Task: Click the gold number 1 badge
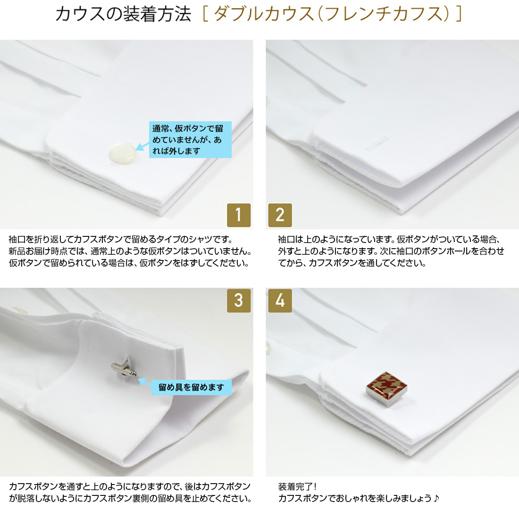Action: [x=239, y=215]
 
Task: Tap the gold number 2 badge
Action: [x=280, y=215]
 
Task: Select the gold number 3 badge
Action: [x=239, y=301]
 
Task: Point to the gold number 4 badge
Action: [x=280, y=301]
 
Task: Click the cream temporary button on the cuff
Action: [x=123, y=154]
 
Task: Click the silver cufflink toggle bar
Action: [x=124, y=369]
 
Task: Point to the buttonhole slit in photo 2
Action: [x=377, y=142]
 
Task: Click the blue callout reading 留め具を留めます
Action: [x=191, y=387]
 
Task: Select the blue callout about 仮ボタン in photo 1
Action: [x=190, y=139]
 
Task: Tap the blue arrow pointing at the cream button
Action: [x=142, y=146]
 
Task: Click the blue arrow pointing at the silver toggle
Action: [x=144, y=383]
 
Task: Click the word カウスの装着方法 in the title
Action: [x=123, y=14]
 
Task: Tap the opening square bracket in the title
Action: [x=205, y=14]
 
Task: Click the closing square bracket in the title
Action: [x=459, y=14]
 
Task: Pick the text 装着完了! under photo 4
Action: [x=297, y=486]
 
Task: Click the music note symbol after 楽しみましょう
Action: [x=436, y=498]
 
